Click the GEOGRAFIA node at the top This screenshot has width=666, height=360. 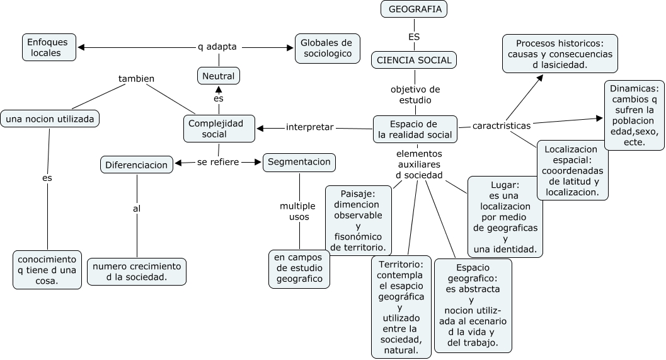click(x=414, y=9)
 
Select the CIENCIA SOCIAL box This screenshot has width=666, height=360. click(x=413, y=60)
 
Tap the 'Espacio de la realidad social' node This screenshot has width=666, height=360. click(x=415, y=129)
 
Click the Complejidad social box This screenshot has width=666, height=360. click(x=219, y=129)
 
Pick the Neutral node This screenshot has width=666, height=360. click(x=219, y=76)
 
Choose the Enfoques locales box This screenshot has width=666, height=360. click(x=49, y=47)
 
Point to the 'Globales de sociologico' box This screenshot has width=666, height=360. click(x=327, y=48)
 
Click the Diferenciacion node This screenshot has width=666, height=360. click(x=137, y=165)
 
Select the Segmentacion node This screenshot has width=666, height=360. click(x=299, y=162)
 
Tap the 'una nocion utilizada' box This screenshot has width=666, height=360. click(x=50, y=118)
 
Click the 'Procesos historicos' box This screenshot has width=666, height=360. click(x=560, y=54)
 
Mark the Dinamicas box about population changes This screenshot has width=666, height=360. click(x=634, y=115)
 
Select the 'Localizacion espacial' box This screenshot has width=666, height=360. click(x=572, y=170)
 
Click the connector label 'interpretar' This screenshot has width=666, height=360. click(x=309, y=127)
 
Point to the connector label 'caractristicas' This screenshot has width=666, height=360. click(x=501, y=125)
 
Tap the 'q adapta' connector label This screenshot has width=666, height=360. click(x=217, y=47)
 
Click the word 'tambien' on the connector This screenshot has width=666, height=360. click(x=137, y=79)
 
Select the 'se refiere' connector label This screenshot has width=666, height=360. click(x=219, y=162)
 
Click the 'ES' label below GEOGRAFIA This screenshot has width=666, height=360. click(x=414, y=37)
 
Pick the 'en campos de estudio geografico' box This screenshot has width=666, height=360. click(x=299, y=268)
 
